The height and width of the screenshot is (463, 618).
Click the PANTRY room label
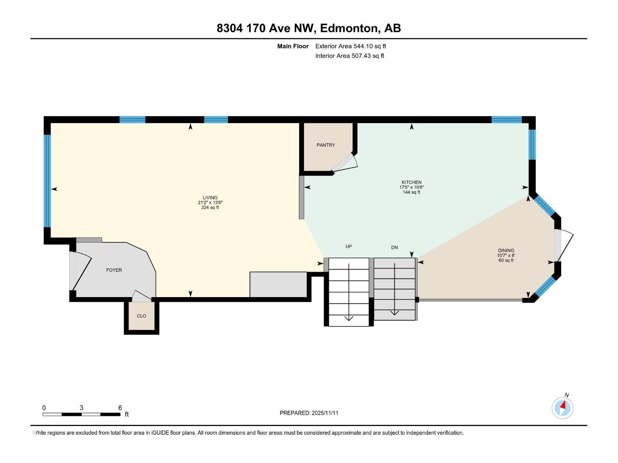326,145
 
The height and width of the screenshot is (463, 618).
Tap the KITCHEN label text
411,182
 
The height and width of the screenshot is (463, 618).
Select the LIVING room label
210,198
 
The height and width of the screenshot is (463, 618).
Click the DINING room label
506,250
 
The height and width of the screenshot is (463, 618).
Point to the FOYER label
114,270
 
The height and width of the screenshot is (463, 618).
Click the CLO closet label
141,316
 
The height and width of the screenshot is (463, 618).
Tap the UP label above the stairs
348,246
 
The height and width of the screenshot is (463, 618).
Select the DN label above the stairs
394,247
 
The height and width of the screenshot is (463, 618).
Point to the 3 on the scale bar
81,408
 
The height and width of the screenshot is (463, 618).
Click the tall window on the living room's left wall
47,181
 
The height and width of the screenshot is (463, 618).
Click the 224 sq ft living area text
210,208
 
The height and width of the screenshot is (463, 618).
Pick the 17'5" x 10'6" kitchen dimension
411,187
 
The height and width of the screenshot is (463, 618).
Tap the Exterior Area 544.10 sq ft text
350,46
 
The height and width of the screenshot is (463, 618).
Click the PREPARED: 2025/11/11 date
309,413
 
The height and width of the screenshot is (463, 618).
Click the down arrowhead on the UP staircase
349,318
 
